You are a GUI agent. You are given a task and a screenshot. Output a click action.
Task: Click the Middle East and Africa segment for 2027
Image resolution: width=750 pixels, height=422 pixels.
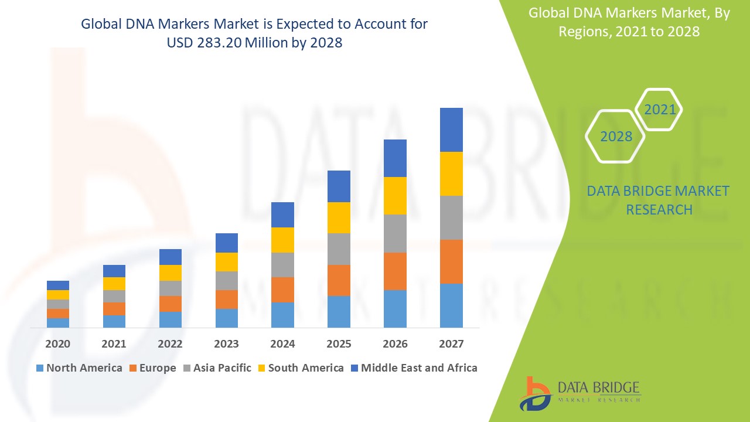click(x=451, y=130)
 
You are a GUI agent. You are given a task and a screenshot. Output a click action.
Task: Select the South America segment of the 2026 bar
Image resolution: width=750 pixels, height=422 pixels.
click(x=395, y=196)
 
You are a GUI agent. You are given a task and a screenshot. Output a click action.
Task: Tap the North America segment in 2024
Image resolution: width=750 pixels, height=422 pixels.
click(x=282, y=315)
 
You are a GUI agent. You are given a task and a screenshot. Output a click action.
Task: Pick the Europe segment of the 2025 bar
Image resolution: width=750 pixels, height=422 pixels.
click(x=339, y=280)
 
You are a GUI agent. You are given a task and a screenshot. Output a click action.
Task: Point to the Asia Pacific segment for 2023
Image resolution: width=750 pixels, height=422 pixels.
click(x=227, y=281)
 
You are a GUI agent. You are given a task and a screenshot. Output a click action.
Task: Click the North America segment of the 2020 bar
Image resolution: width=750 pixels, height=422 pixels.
click(x=58, y=322)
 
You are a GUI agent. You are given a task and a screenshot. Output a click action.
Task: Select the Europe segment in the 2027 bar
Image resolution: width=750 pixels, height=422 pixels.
click(x=451, y=261)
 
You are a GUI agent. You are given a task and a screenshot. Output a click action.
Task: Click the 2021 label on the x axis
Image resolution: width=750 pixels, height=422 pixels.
click(x=114, y=344)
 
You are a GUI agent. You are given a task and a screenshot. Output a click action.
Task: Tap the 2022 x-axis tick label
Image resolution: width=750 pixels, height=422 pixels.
click(x=170, y=344)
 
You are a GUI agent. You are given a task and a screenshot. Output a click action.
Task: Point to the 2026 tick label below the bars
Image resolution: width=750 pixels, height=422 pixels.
click(x=395, y=344)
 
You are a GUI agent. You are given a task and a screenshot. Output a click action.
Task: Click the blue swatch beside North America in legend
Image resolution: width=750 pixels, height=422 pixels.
click(x=40, y=369)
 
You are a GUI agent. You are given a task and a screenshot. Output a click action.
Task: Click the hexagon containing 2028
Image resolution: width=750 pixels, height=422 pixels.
click(x=616, y=136)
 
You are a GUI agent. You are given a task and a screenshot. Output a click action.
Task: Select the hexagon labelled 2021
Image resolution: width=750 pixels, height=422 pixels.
click(x=660, y=110)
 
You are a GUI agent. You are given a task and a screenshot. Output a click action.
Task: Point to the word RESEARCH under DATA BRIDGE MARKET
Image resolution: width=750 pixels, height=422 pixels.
click(x=659, y=209)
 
